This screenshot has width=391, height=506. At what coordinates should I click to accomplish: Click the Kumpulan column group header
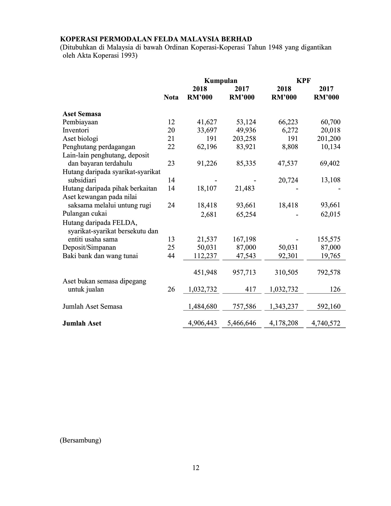221,81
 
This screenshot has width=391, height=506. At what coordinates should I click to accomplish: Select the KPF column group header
304,81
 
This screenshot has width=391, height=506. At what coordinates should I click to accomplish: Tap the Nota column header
171,98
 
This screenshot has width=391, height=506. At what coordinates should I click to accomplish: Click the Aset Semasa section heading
82,114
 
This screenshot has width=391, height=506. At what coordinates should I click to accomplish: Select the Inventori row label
76,130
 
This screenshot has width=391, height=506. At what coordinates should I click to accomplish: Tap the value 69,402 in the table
330,163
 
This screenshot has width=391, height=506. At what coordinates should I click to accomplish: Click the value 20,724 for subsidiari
288,180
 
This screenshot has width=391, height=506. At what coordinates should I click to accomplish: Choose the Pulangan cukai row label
85,213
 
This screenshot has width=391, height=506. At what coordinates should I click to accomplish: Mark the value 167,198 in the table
244,239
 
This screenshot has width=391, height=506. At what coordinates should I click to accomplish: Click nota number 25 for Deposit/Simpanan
171,247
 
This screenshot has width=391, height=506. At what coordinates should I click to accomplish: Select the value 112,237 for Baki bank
205,256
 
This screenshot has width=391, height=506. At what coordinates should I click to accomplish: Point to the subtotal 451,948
205,272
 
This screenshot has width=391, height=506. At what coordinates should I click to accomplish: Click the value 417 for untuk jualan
250,289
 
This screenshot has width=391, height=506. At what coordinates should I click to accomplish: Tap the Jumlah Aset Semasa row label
92,306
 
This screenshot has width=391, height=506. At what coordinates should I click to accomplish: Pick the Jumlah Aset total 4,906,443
203,323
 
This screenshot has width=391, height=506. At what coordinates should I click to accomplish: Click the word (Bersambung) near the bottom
80,440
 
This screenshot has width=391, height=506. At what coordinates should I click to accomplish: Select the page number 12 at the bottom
196,468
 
